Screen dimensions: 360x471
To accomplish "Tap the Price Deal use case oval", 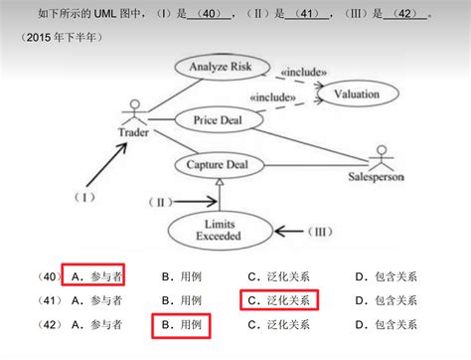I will [218, 120].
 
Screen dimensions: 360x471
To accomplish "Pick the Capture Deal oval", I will [225, 164].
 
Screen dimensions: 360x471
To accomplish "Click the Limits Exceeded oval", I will [219, 231].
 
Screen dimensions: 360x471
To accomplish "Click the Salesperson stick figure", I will [381, 159].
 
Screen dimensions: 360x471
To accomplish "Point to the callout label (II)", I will [162, 202].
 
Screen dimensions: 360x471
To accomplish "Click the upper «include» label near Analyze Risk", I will [304, 73].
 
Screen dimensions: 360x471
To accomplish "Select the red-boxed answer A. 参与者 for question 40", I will [92, 274].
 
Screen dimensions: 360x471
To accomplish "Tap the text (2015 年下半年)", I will [63, 38].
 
